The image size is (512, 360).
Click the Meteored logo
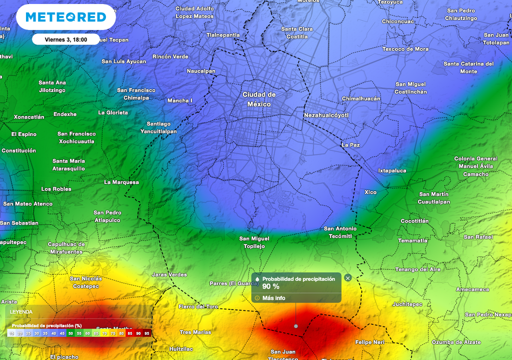click(x=65, y=17)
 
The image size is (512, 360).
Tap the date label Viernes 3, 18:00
click(x=65, y=39)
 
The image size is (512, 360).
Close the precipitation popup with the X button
click(x=348, y=278)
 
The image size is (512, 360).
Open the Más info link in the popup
click(x=273, y=298)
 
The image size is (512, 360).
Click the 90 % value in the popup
click(x=271, y=286)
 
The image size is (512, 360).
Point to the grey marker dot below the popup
click(x=296, y=326)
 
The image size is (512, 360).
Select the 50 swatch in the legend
click(x=71, y=333)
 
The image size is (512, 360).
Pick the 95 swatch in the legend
click(x=147, y=333)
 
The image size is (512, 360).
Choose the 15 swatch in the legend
click(x=11, y=333)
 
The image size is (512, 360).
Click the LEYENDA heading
click(x=21, y=311)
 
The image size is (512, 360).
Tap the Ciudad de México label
click(x=259, y=99)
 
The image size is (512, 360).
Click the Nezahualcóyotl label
click(x=326, y=115)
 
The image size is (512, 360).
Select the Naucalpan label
click(x=201, y=71)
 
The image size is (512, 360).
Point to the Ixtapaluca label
click(x=392, y=170)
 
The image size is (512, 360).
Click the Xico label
click(x=370, y=192)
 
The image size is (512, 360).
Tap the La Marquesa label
click(x=121, y=182)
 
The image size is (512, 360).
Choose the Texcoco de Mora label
click(x=405, y=49)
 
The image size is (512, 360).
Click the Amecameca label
click(x=472, y=289)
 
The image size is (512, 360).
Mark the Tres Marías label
click(x=195, y=332)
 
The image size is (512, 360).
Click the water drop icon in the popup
click(x=257, y=279)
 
